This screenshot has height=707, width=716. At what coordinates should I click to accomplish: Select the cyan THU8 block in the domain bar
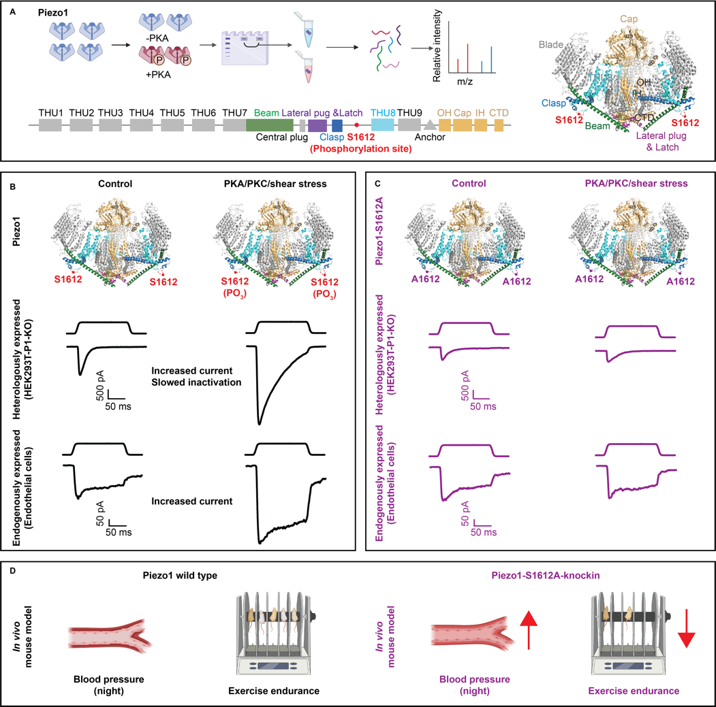[382, 125]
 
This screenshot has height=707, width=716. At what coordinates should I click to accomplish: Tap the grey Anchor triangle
[430, 125]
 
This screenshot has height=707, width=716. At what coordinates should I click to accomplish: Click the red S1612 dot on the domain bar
[356, 126]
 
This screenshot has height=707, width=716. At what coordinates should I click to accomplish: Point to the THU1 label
[50, 112]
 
